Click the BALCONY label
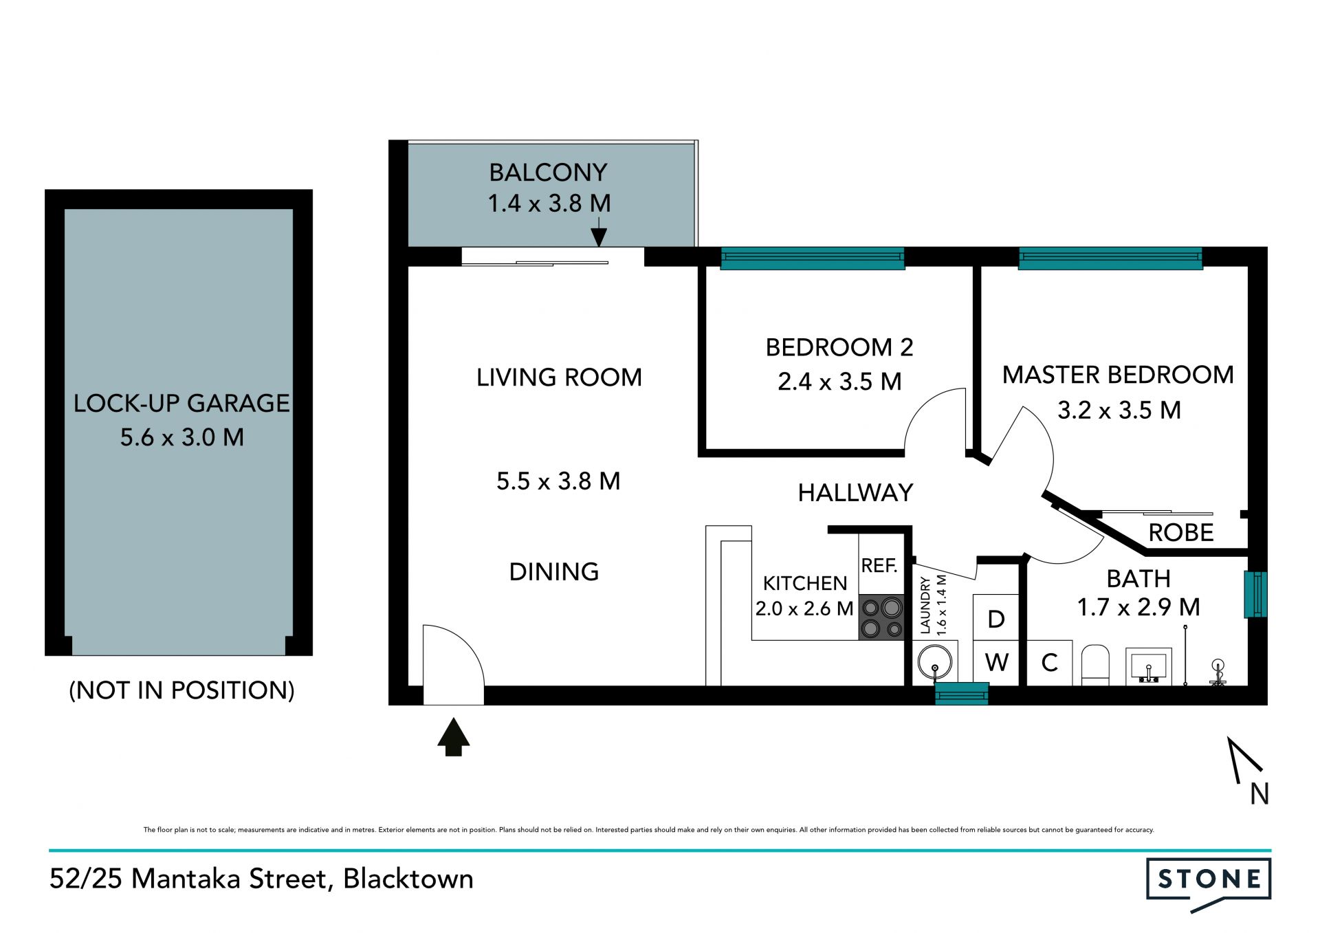pyautogui.click(x=548, y=172)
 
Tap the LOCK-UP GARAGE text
pyautogui.click(x=181, y=403)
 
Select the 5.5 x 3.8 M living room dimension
pyautogui.click(x=558, y=481)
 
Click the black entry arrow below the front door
pyautogui.click(x=453, y=736)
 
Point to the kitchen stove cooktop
pyautogui.click(x=882, y=617)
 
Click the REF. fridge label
pyautogui.click(x=879, y=565)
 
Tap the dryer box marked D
pyautogui.click(x=995, y=617)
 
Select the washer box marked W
pyautogui.click(x=996, y=663)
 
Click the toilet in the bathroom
pyautogui.click(x=1095, y=665)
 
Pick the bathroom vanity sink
pyautogui.click(x=1149, y=666)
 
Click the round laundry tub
pyautogui.click(x=935, y=663)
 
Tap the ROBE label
pyautogui.click(x=1181, y=532)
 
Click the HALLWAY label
pyautogui.click(x=855, y=492)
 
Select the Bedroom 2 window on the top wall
pyautogui.click(x=813, y=259)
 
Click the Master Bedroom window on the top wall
pyautogui.click(x=1110, y=259)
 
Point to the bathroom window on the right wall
pyautogui.click(x=1256, y=594)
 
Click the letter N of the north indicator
pyautogui.click(x=1259, y=793)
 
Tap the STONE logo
pyautogui.click(x=1209, y=883)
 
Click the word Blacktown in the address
pyautogui.click(x=408, y=878)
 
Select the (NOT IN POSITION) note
pyautogui.click(x=181, y=690)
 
